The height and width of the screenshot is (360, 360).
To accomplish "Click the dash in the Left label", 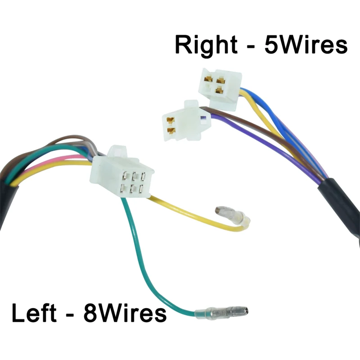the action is [x=73, y=314].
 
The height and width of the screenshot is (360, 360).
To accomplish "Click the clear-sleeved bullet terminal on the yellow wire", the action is [x=232, y=216].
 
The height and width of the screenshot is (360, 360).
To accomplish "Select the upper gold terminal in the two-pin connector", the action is [x=171, y=120].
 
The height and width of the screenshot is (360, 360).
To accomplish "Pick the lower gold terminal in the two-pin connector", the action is [x=171, y=131].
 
